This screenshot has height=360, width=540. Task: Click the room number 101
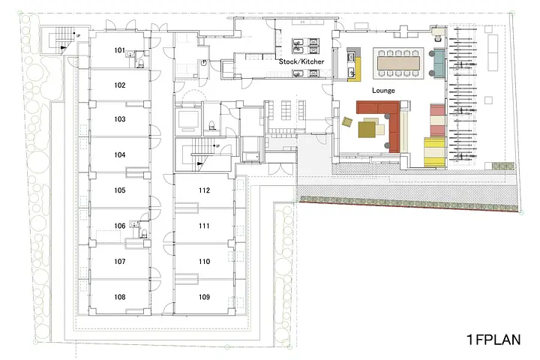119,50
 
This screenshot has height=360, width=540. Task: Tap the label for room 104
119,155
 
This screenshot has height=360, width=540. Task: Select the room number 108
119,297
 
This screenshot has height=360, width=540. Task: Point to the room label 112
204,190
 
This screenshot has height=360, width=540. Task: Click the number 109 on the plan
204,297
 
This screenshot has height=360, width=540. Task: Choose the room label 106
119,226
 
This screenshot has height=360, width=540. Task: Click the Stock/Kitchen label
301,61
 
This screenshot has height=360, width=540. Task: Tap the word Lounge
383,91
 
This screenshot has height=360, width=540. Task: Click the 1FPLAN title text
493,340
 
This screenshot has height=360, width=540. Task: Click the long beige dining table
399,64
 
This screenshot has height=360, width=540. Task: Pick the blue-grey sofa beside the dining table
439,64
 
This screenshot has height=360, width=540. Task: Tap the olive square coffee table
367,130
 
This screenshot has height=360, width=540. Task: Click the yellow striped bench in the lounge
434,152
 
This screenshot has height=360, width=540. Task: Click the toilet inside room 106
144,233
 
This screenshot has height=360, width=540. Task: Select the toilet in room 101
140,63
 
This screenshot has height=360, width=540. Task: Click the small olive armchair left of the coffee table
347,121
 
